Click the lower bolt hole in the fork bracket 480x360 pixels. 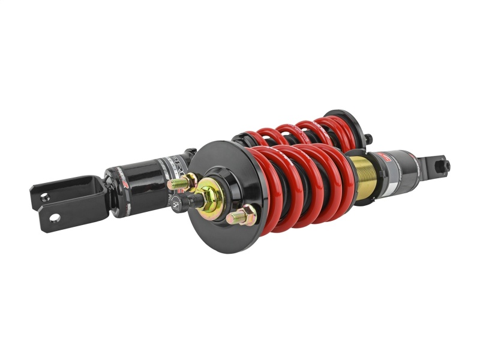(x=55, y=217)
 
